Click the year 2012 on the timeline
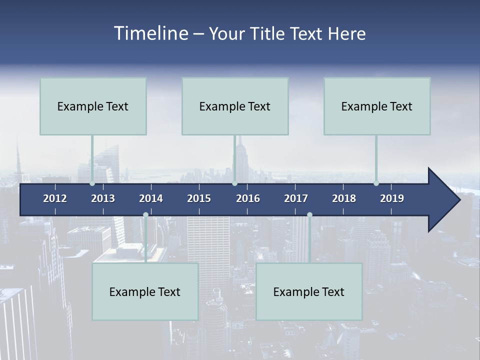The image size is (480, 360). click(x=55, y=198)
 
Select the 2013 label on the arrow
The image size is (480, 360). click(x=103, y=198)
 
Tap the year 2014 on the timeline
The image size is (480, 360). click(x=151, y=198)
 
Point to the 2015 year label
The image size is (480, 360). click(x=199, y=198)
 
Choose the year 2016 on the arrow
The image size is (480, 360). click(x=248, y=198)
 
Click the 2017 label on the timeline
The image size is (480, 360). click(x=296, y=198)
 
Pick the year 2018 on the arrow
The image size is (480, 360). click(x=344, y=198)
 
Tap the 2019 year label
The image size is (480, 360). click(x=392, y=198)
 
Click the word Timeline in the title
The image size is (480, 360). click(x=150, y=33)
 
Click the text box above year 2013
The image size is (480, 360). click(x=93, y=106)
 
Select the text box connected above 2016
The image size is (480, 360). click(x=235, y=106)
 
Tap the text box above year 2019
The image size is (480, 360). click(x=377, y=106)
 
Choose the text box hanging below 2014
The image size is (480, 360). click(x=145, y=291)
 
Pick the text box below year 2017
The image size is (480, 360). click(x=309, y=291)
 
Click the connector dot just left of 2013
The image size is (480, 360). click(x=92, y=183)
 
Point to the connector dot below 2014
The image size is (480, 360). click(x=145, y=215)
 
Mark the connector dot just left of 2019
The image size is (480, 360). click(x=376, y=183)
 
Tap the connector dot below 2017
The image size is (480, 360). click(x=309, y=215)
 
